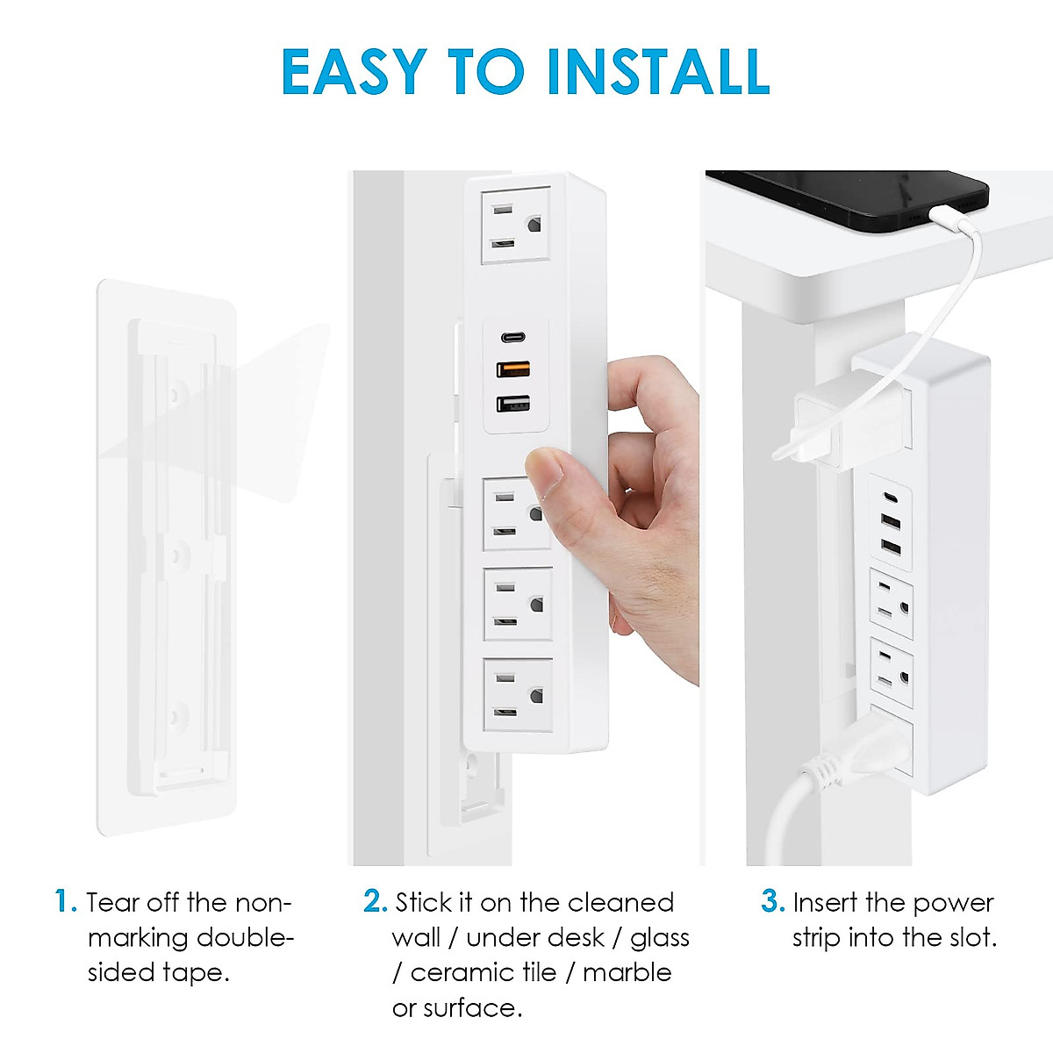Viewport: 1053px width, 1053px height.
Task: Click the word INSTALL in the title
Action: [657, 72]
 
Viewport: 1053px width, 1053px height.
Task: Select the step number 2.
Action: [374, 901]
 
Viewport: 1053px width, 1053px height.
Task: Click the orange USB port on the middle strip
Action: [513, 369]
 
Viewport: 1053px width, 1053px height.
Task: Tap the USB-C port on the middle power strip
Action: [513, 337]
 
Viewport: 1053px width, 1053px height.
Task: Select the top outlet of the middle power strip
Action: [516, 226]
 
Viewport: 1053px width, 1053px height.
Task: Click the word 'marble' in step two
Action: [627, 972]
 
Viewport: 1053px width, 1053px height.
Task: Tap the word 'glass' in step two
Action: [660, 937]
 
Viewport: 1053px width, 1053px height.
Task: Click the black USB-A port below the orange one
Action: [513, 404]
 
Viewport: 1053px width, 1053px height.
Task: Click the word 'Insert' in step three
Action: [825, 902]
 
